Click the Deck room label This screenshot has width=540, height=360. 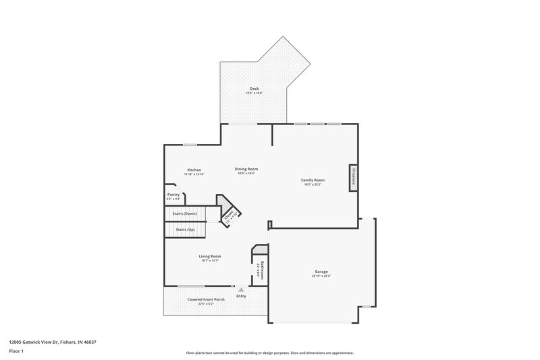coord(254,88)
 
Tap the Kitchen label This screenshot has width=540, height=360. coord(194,170)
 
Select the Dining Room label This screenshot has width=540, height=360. coord(246,169)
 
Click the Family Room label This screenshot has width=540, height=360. coord(314,180)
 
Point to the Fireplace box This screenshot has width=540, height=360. coord(352,177)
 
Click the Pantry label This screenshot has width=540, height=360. coord(173,195)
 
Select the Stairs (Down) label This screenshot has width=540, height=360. coord(186,213)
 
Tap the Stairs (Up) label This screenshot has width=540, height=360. coord(185,230)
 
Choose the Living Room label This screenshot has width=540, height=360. coord(210,256)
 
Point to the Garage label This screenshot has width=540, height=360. coord(321,272)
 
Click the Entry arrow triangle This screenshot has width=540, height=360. coord(241,289)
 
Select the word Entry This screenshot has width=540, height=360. coord(241,296)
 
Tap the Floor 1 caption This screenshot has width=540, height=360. coord(16,352)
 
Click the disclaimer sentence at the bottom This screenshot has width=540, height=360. coord(270,353)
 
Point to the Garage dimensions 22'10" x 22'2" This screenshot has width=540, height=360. coord(321,276)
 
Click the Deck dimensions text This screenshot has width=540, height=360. coord(254,93)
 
